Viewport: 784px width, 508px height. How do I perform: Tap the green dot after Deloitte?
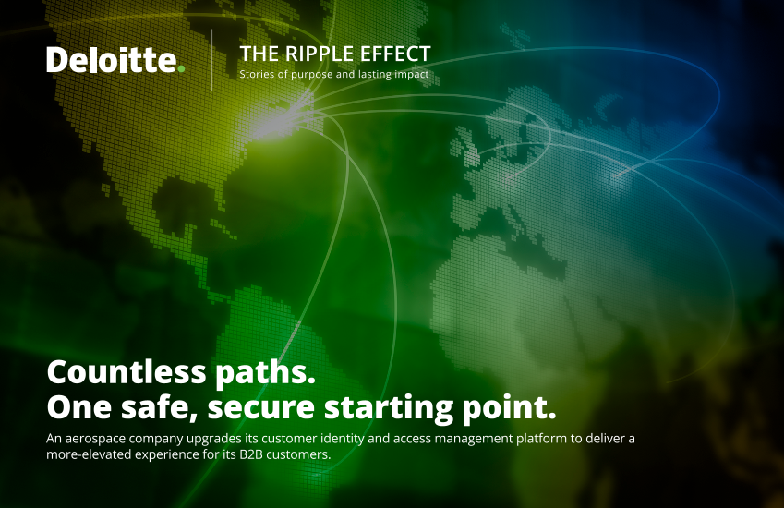click(x=181, y=68)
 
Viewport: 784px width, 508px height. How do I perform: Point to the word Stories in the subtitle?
click(x=257, y=74)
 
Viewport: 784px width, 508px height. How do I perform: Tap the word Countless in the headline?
click(x=127, y=372)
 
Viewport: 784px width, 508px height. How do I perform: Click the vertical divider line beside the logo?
click(x=212, y=60)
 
